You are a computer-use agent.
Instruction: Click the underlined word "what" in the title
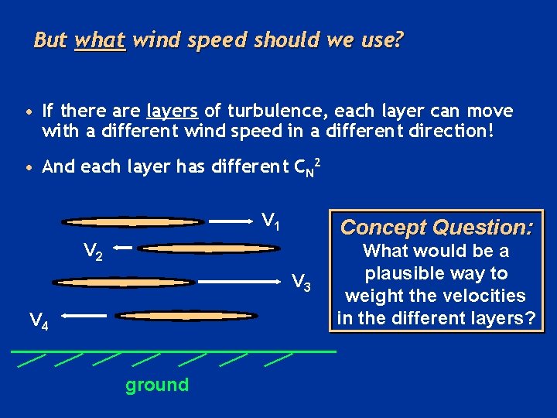[x=100, y=40]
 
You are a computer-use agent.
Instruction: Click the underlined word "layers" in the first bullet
[x=173, y=111]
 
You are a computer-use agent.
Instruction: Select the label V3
[x=301, y=283]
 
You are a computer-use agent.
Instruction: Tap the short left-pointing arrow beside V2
[x=125, y=248]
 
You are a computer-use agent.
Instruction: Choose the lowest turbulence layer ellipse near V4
[x=186, y=316]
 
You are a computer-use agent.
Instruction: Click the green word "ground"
[x=157, y=385]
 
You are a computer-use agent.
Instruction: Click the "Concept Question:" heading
[x=436, y=228]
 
